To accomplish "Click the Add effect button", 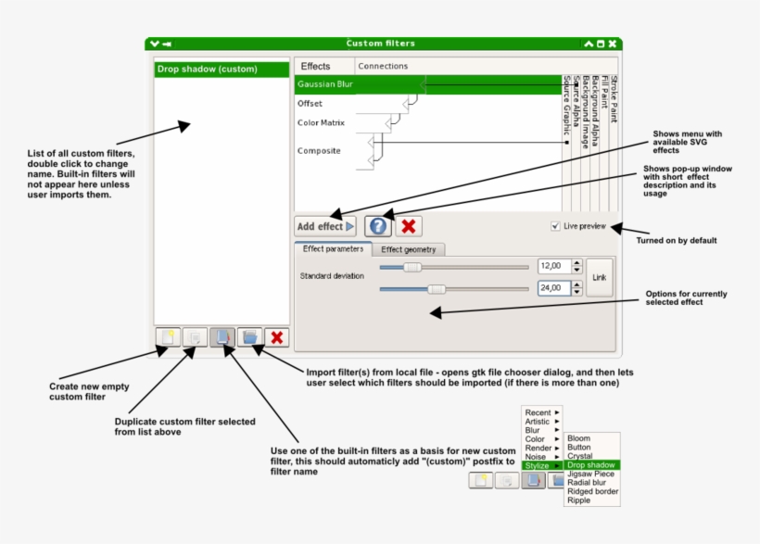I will [324, 226].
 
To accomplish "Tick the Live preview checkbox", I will [555, 225].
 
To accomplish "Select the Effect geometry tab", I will [409, 249].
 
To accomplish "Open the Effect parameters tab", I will [333, 249].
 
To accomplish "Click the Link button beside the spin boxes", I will [600, 277].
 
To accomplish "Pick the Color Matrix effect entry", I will [321, 122].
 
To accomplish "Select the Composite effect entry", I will [319, 150].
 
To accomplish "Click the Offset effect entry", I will [310, 104].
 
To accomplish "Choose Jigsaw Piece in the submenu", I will [589, 474].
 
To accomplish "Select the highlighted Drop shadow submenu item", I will [590, 464].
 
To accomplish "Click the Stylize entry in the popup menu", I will [537, 465].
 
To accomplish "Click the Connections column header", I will [383, 67].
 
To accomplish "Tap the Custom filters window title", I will [380, 44].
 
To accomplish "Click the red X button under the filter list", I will [276, 337].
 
